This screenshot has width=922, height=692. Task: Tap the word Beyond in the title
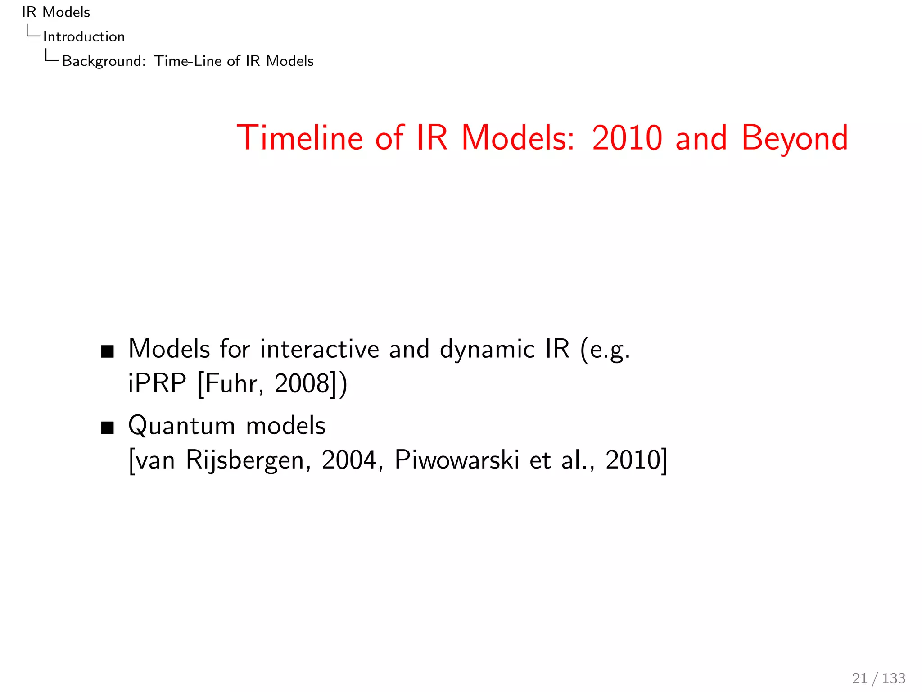[795, 138]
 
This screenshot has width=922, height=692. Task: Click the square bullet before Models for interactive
[108, 351]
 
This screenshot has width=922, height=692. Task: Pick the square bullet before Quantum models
[108, 428]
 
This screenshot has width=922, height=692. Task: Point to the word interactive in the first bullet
[320, 349]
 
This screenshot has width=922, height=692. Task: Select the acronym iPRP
[157, 383]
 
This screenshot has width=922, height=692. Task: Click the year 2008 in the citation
[302, 383]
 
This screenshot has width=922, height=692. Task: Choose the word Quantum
[182, 426]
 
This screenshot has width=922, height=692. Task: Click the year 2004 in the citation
[349, 460]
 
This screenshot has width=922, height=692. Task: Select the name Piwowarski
[457, 460]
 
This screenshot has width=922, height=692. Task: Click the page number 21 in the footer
[859, 678]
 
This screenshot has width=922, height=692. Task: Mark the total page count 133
[894, 678]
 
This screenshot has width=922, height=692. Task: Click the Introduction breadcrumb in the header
[84, 36]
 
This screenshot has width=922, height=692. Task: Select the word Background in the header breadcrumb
[103, 61]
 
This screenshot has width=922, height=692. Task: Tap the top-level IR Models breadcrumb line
[56, 12]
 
